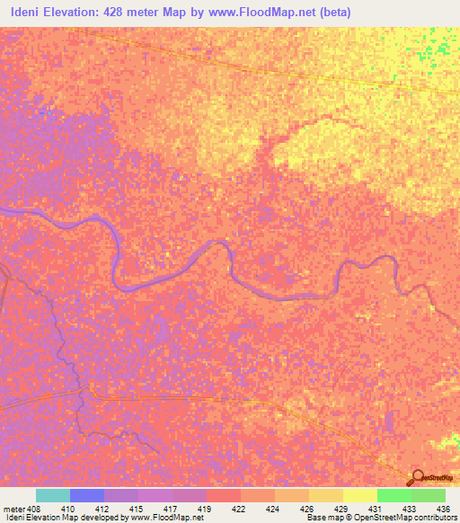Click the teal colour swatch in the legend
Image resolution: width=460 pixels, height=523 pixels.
tap(53, 495)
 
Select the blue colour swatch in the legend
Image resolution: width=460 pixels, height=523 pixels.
tap(87, 495)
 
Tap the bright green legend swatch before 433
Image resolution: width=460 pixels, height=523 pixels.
tap(394, 495)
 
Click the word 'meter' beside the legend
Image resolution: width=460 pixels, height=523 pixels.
tap(13, 508)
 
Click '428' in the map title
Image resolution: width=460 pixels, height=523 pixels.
tap(142, 13)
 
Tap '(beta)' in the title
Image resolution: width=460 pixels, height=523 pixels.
tap(332, 13)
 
